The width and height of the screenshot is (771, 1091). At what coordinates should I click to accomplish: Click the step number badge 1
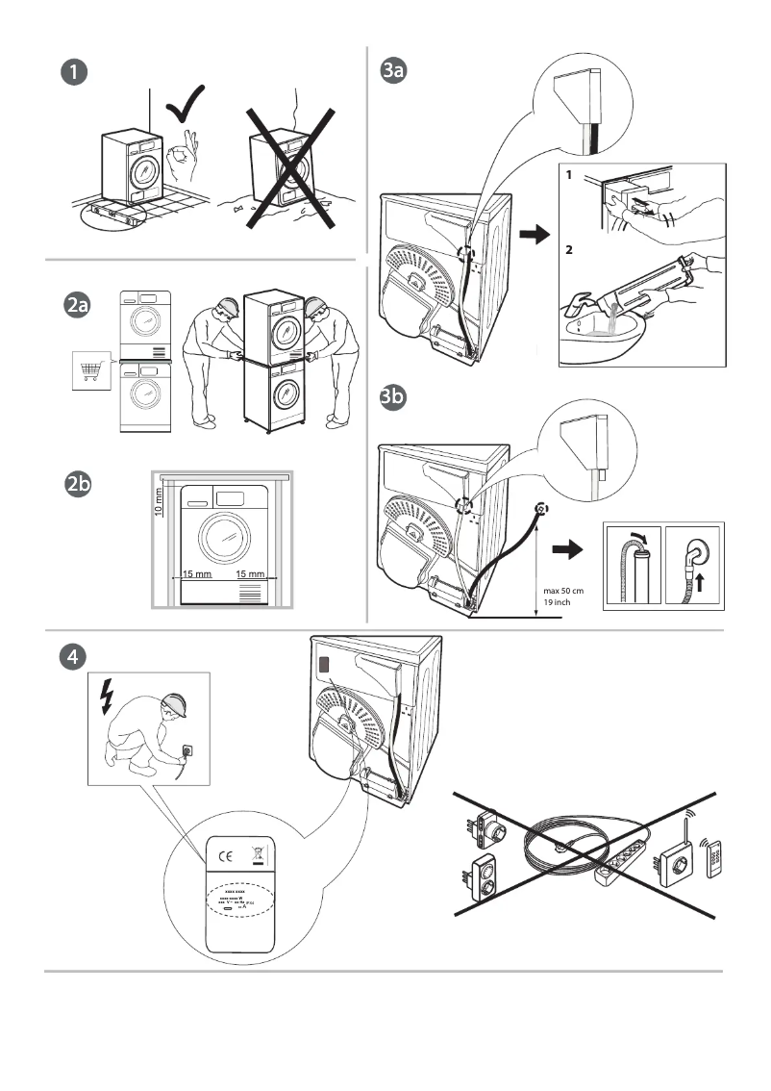72,72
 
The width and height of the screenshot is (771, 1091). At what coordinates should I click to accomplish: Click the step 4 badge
72,656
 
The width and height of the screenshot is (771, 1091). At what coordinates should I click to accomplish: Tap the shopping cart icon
92,371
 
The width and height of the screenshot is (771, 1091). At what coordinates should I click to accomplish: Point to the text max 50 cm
561,590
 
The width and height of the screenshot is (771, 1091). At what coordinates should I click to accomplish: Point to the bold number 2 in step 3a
570,249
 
